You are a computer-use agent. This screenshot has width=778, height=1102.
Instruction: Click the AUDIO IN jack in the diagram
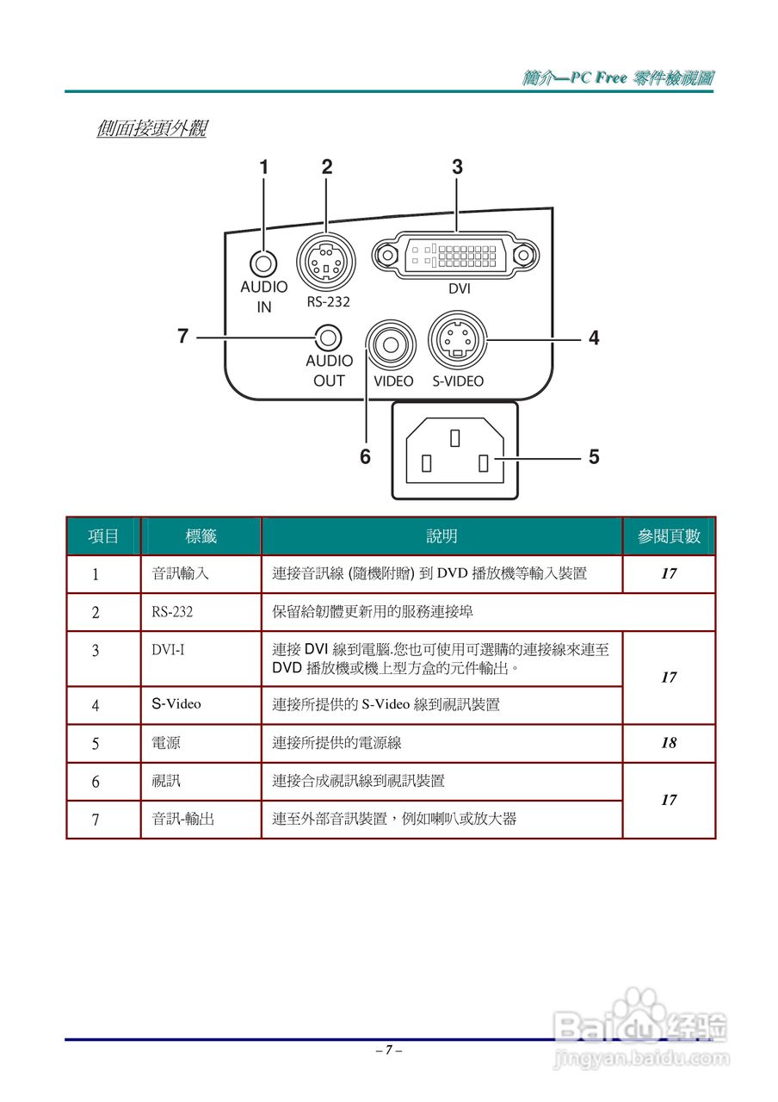(264, 262)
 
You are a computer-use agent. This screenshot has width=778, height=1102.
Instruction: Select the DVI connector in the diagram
(455, 255)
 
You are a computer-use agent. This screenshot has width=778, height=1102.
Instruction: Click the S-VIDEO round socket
(458, 339)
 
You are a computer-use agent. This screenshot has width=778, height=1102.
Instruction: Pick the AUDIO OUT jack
(327, 337)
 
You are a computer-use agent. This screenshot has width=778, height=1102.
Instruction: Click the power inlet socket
(455, 450)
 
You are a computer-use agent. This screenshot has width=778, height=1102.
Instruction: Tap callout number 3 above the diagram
(457, 167)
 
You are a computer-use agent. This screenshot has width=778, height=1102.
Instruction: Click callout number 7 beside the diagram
(182, 337)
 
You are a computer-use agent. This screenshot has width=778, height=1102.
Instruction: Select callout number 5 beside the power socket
(594, 456)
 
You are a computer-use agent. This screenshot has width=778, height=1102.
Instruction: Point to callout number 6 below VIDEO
(365, 457)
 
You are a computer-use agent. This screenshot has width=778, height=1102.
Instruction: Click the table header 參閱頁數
(669, 536)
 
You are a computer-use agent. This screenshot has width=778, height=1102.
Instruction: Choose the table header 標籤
(201, 536)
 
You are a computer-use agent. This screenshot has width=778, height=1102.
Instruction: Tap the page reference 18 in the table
(669, 743)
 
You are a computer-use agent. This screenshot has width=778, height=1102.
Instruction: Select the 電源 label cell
(166, 743)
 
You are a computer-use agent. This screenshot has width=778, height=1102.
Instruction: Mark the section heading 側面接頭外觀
(151, 129)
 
